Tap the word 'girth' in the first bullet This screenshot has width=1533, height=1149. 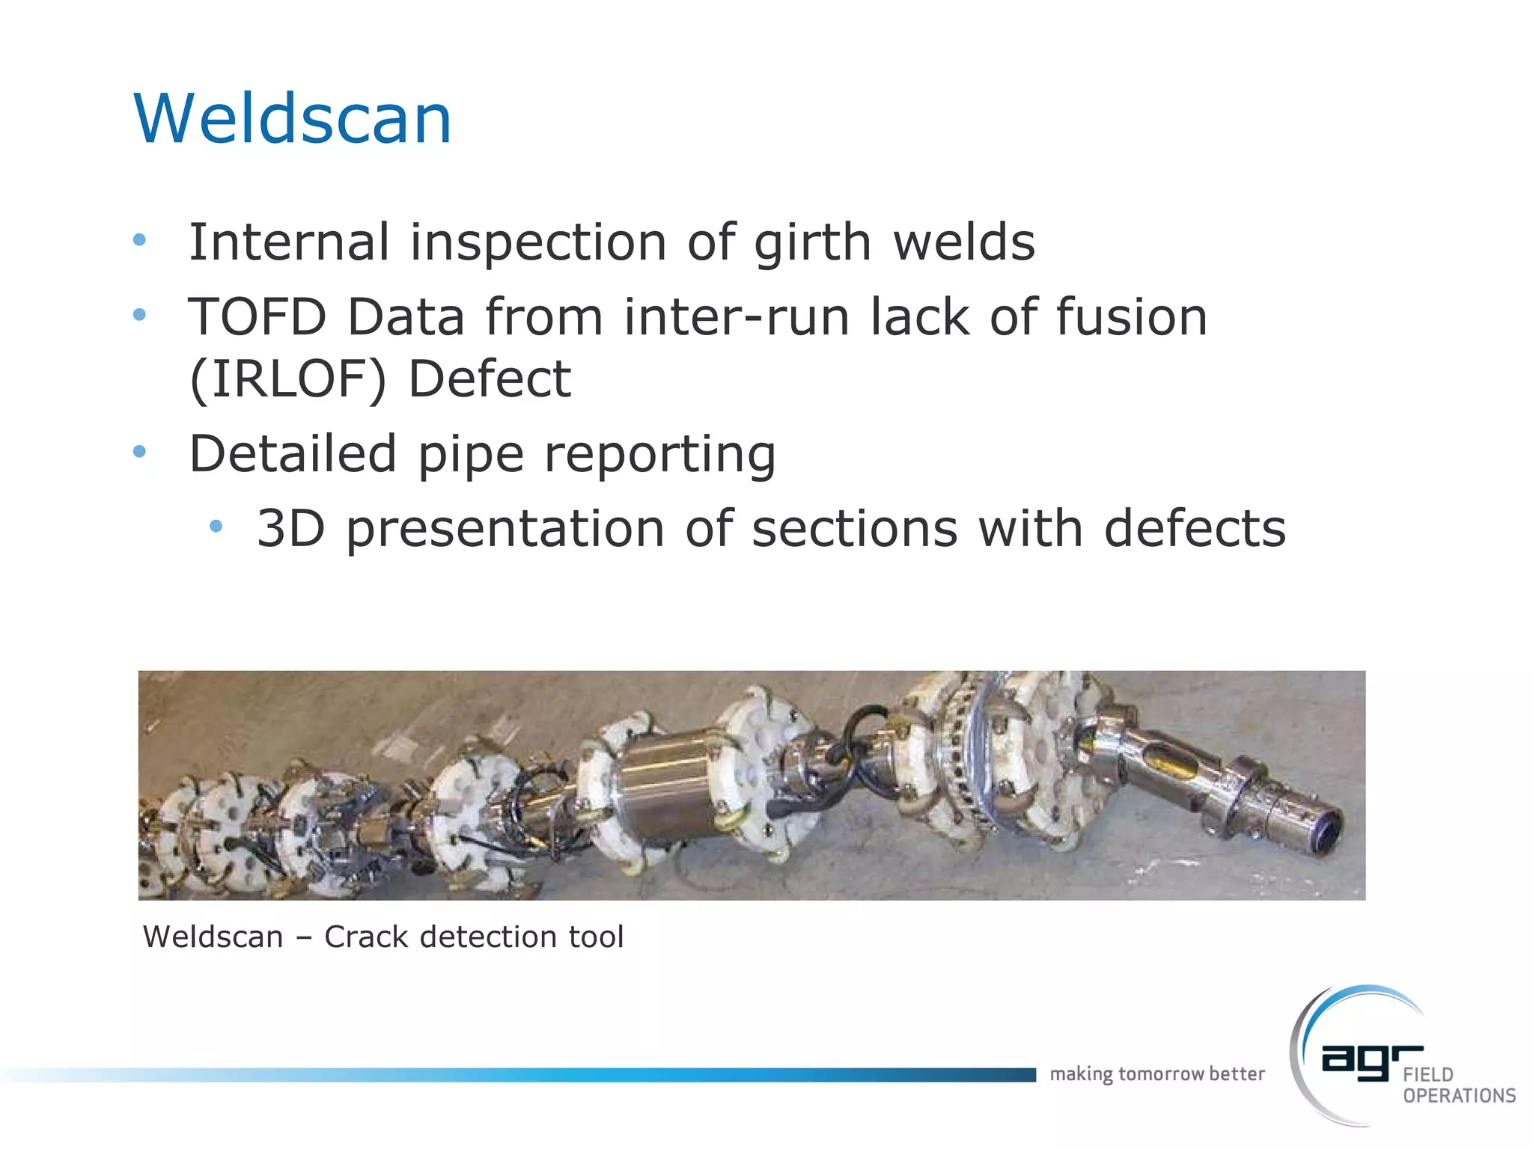point(813,243)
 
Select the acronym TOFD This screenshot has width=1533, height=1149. point(257,316)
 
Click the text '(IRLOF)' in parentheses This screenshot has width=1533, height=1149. point(288,379)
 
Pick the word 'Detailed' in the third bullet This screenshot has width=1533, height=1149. point(293,453)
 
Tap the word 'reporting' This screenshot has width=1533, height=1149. point(659,455)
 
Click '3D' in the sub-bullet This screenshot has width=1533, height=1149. point(290,528)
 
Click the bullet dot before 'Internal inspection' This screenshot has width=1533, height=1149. point(139,240)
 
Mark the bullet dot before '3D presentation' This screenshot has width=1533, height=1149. point(216,527)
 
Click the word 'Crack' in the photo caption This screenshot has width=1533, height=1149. point(366,937)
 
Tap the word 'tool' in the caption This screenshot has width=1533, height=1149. point(596,937)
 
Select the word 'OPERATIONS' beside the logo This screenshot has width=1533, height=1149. point(1459,1096)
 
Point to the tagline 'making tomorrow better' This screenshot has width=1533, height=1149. point(1157,1074)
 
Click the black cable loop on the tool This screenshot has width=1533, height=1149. point(861,733)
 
